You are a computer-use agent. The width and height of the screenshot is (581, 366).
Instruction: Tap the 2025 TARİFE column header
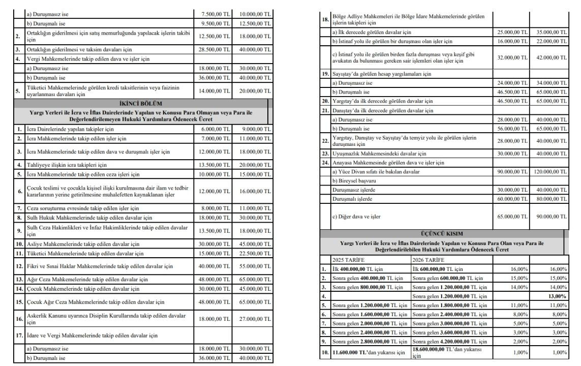coord(346,259)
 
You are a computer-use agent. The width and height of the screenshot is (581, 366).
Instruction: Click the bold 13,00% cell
coord(556,296)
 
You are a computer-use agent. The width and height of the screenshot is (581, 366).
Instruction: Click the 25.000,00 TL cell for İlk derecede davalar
coord(512,32)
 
